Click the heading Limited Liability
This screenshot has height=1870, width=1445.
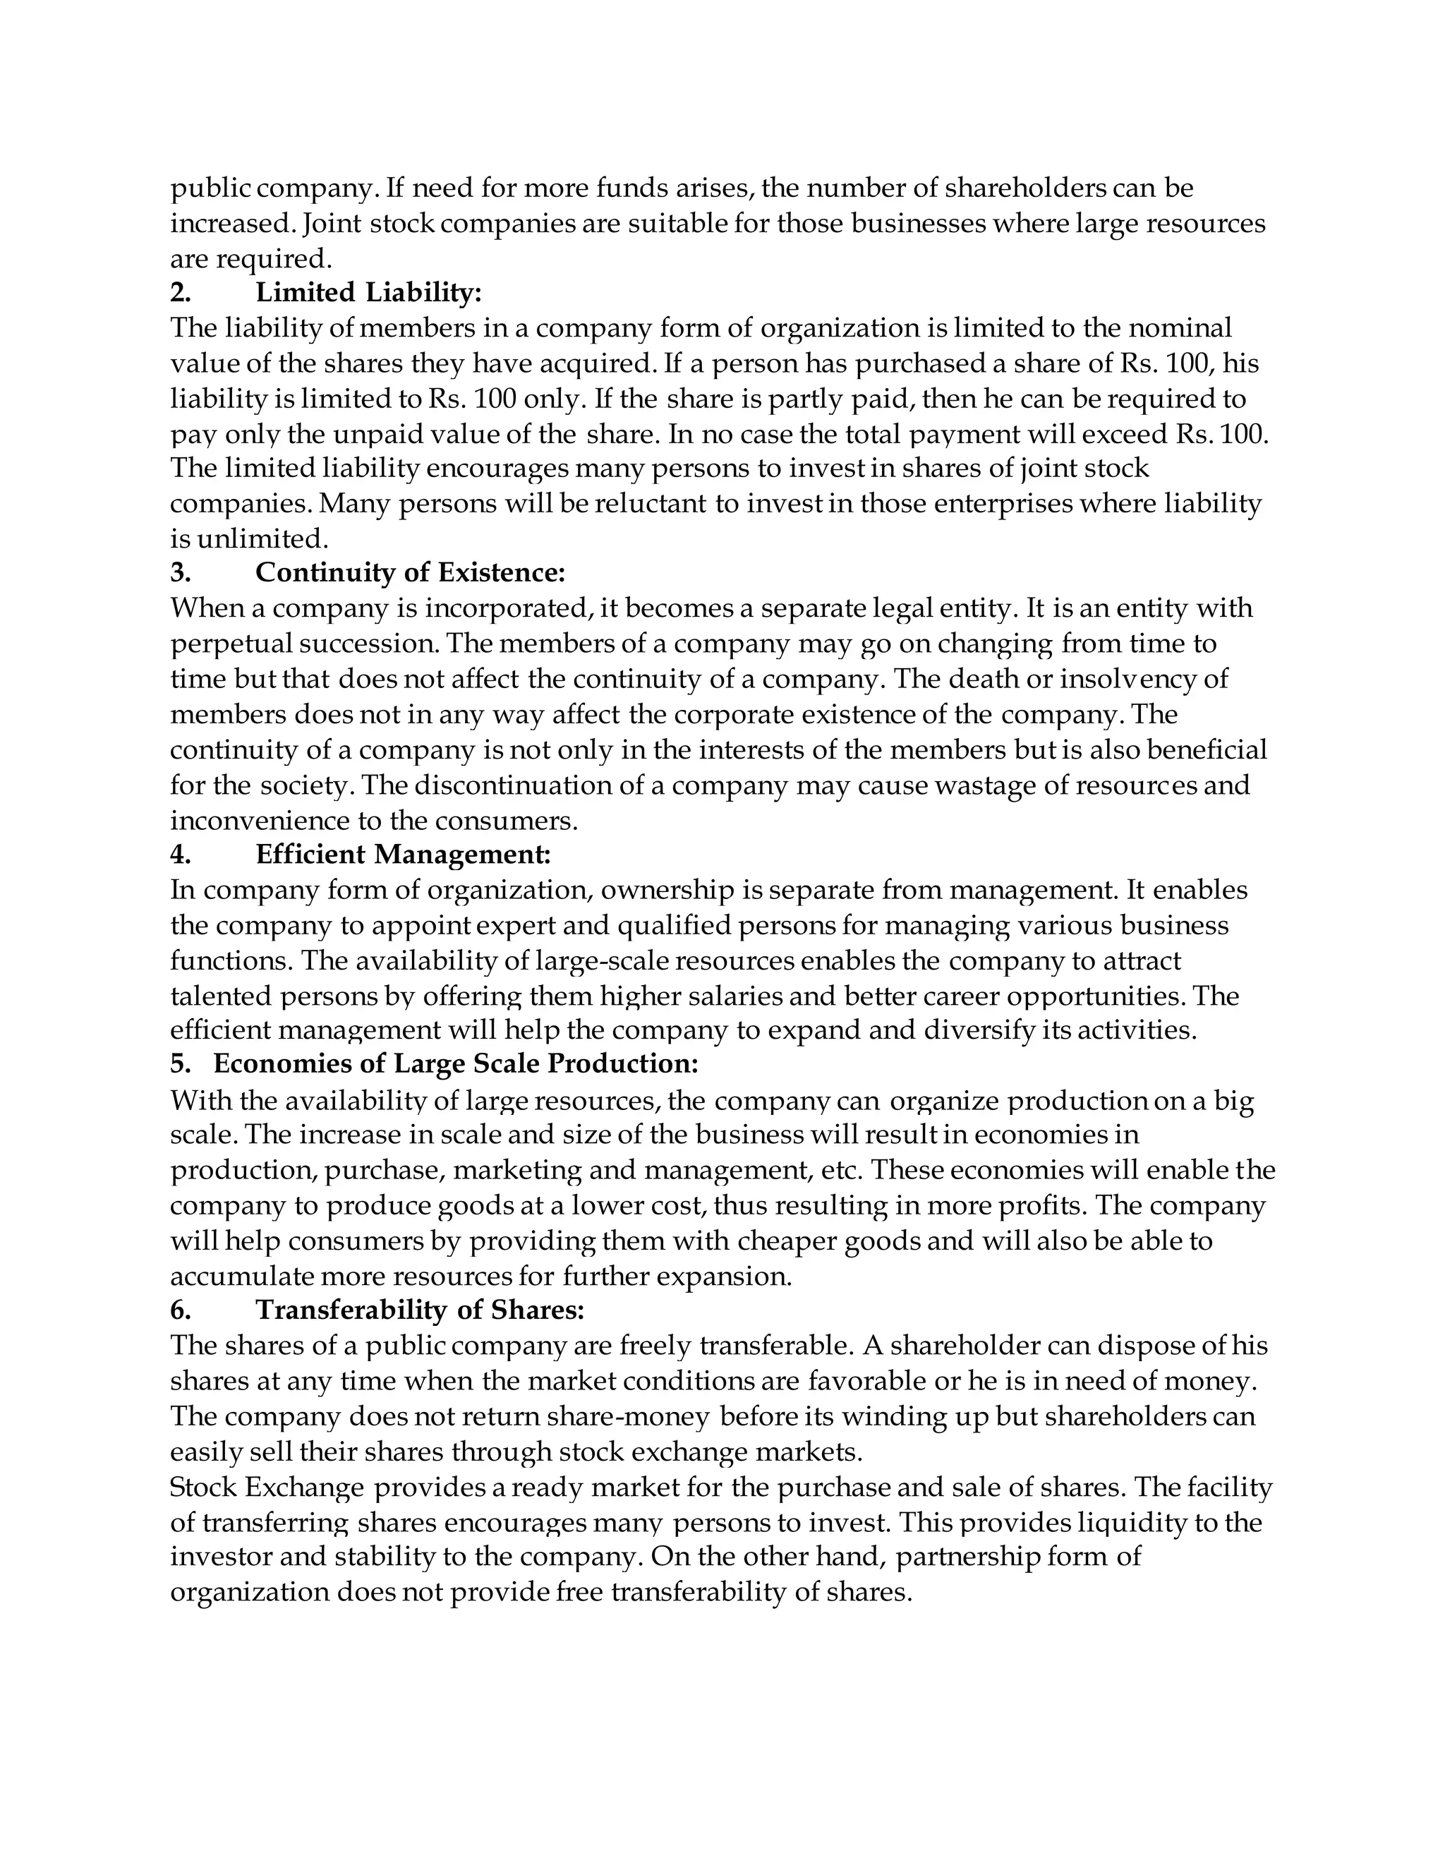point(368,293)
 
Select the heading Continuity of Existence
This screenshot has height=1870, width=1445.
point(410,573)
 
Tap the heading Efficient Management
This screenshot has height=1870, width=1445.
point(402,855)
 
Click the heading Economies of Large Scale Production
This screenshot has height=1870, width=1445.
point(455,1064)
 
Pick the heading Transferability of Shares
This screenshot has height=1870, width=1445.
point(420,1310)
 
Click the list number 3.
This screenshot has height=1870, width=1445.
point(180,573)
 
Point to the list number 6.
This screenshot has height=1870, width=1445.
point(180,1310)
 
